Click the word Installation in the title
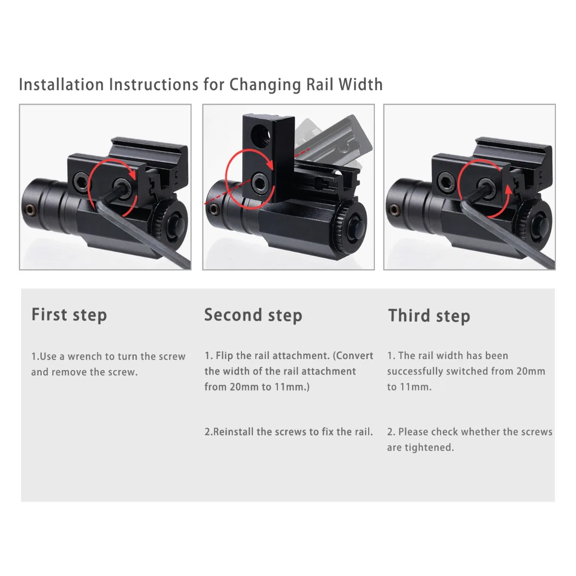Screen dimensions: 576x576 tap(61, 84)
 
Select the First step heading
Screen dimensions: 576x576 tap(69, 315)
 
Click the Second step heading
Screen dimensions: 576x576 tap(253, 315)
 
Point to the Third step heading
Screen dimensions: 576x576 tap(429, 316)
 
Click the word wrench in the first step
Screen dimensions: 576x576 tap(85, 356)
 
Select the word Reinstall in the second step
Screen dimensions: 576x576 tap(233, 432)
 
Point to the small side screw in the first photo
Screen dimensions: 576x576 tap(30, 210)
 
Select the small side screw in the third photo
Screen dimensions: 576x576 tap(395, 210)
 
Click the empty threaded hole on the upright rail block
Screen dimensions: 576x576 tap(261, 136)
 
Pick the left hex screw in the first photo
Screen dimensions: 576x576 tap(81, 181)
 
